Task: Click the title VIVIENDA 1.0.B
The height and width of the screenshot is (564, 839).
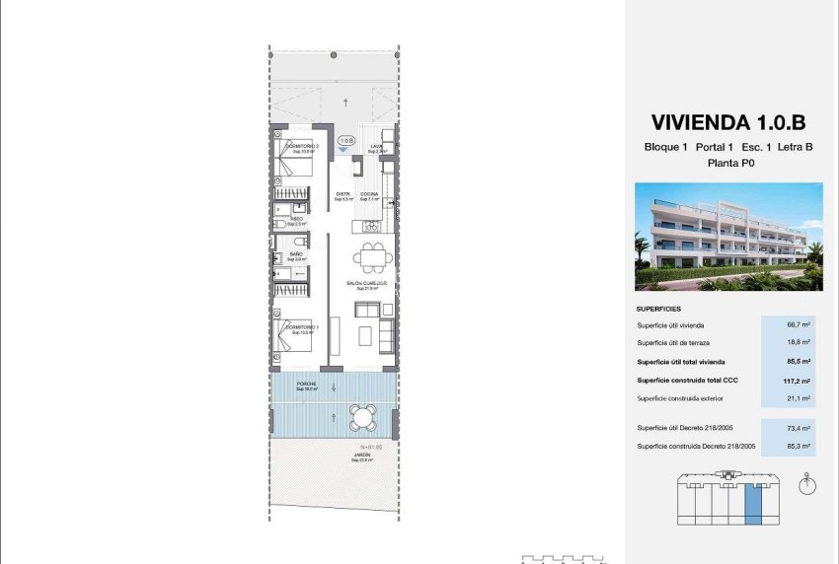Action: pyautogui.click(x=728, y=123)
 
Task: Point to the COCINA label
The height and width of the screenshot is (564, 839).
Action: pyautogui.click(x=368, y=194)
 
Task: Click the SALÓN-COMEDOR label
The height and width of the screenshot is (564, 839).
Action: pyautogui.click(x=366, y=283)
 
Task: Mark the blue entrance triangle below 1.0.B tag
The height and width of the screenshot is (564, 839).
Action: pyautogui.click(x=343, y=149)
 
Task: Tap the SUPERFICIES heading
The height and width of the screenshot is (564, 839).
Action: pyautogui.click(x=658, y=307)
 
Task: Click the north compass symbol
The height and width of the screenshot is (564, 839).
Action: pyautogui.click(x=809, y=484)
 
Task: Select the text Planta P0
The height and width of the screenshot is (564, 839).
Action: pyautogui.click(x=728, y=165)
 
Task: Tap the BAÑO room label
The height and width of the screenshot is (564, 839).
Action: pyautogui.click(x=296, y=255)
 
